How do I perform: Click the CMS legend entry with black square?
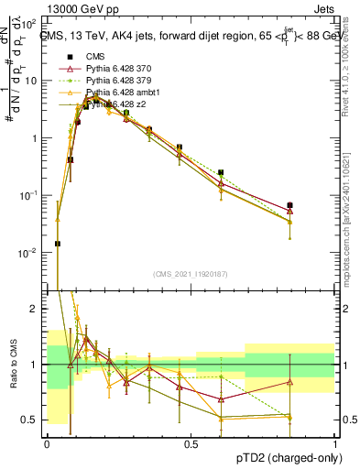[x=95, y=56]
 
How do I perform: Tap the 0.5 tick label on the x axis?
[x=191, y=443]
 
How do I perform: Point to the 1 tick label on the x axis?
[x=335, y=443]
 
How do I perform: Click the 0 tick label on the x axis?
[x=47, y=443]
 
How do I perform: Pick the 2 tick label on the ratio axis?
[x=37, y=309]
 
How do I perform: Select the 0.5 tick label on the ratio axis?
[x=32, y=420]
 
